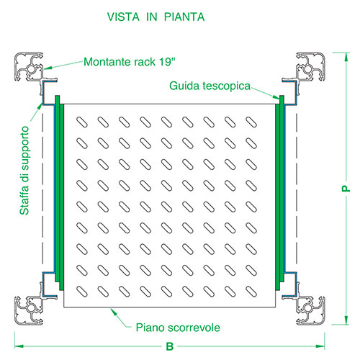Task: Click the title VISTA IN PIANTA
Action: point(156,17)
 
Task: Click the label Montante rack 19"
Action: point(130,62)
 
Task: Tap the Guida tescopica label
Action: point(210,86)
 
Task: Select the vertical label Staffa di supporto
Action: point(24,171)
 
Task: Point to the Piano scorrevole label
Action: point(178,328)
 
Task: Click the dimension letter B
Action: point(170,346)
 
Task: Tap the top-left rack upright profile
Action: point(30,67)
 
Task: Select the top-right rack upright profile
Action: point(310,67)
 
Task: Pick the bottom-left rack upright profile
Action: point(30,310)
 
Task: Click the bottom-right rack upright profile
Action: point(310,310)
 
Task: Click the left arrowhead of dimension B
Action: point(19,346)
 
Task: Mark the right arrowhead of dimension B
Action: point(320,346)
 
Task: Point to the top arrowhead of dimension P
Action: point(346,57)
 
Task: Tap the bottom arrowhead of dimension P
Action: point(346,320)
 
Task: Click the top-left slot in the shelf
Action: point(82,122)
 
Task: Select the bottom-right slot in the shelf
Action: point(251,292)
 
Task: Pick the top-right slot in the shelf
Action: point(251,122)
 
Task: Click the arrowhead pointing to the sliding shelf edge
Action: point(114,312)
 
